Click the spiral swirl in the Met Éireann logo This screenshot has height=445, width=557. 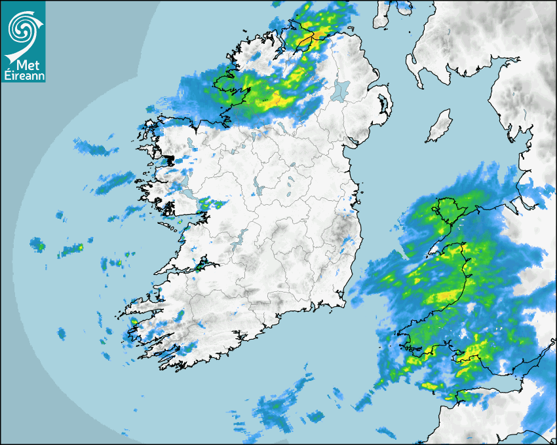tap(22, 28)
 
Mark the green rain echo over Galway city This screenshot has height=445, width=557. tap(206, 204)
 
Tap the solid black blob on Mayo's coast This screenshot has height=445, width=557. tap(168, 159)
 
